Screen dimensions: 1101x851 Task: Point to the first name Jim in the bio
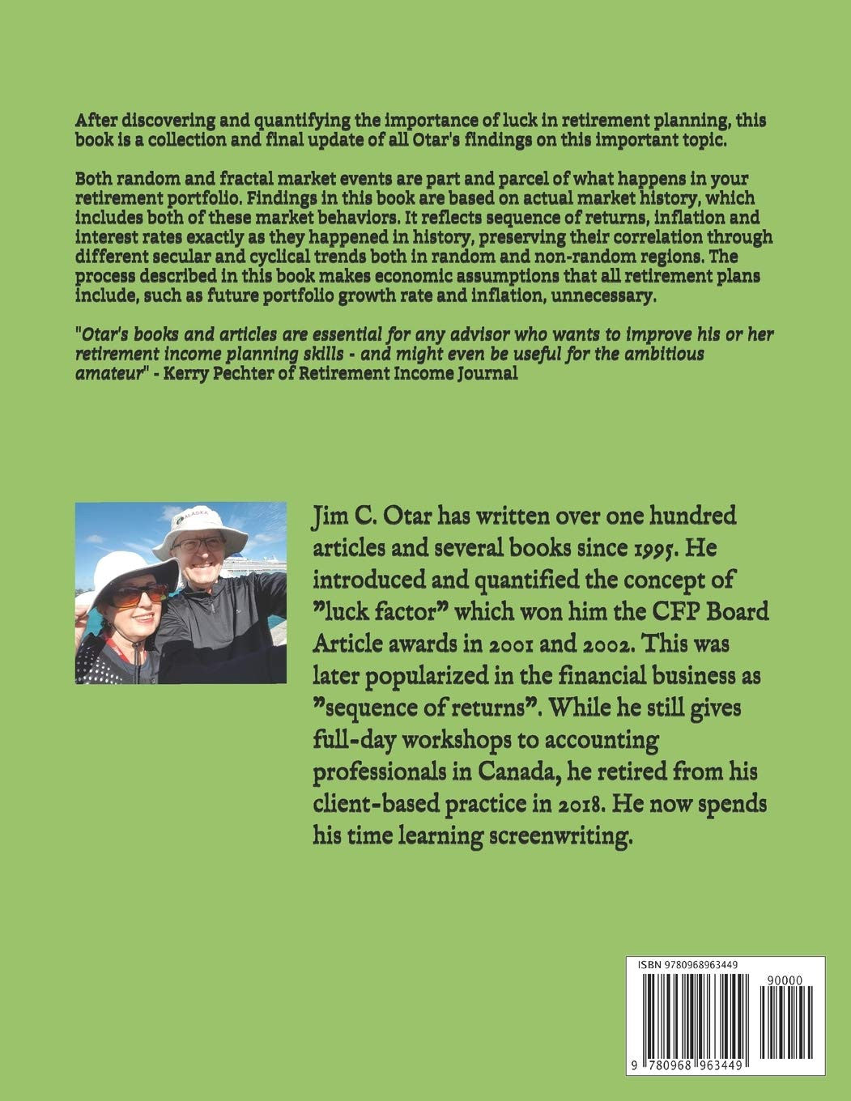point(330,516)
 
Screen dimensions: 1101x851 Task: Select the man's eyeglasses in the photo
point(198,545)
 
